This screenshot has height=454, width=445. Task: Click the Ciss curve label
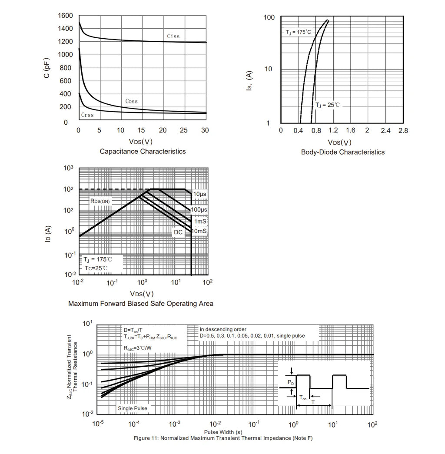[173, 36]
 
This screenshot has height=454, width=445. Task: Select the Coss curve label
[132, 101]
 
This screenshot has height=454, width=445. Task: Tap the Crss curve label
[87, 115]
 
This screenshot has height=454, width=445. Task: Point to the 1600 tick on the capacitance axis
[65, 16]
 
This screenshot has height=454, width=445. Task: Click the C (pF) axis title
[46, 68]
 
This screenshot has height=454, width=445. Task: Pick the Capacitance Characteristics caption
[143, 152]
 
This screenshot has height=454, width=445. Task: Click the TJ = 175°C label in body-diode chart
[298, 32]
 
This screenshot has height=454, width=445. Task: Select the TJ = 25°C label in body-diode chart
[327, 105]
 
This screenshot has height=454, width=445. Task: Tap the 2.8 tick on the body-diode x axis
[403, 131]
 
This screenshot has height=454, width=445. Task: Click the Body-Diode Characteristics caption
[343, 152]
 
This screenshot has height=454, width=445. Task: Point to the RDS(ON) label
[100, 201]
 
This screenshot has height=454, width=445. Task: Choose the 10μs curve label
[199, 194]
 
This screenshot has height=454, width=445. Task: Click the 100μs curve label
[199, 209]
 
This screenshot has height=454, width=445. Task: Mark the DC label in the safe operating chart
[178, 232]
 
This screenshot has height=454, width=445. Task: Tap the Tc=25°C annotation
[96, 268]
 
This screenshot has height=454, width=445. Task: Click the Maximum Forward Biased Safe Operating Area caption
[141, 304]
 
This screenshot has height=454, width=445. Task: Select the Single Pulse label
[133, 408]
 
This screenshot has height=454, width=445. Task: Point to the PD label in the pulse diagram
[291, 382]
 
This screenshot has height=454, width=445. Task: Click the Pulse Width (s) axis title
[223, 432]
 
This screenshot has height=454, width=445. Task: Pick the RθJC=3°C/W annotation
[138, 348]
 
